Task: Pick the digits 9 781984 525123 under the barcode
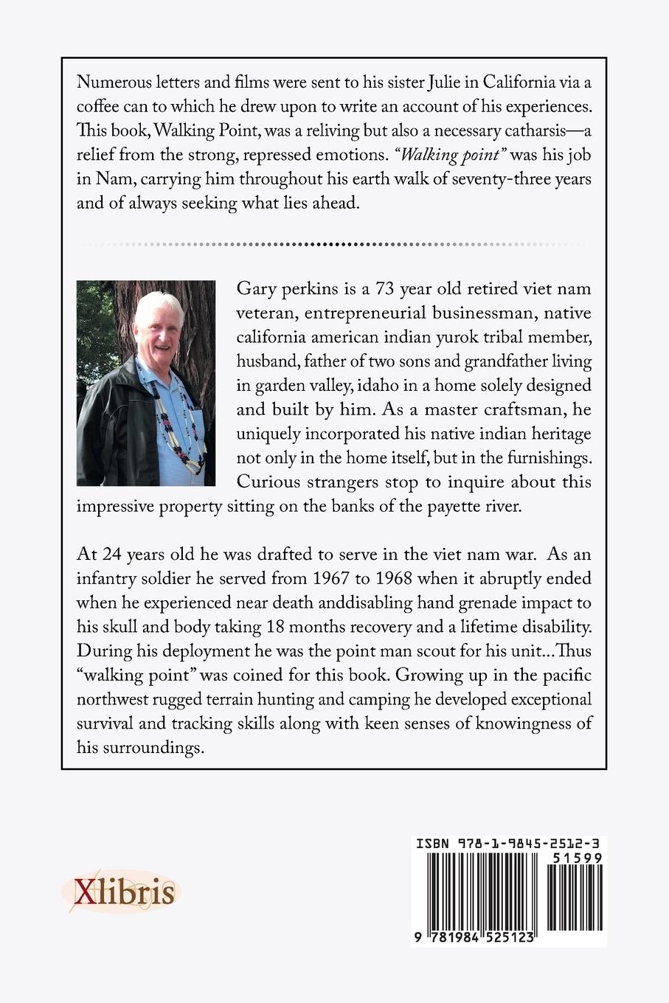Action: click(476, 934)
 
